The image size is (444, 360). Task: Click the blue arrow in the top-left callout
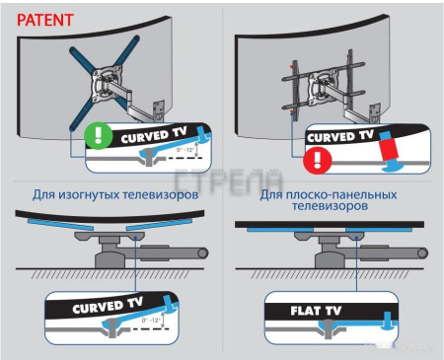(203, 134)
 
